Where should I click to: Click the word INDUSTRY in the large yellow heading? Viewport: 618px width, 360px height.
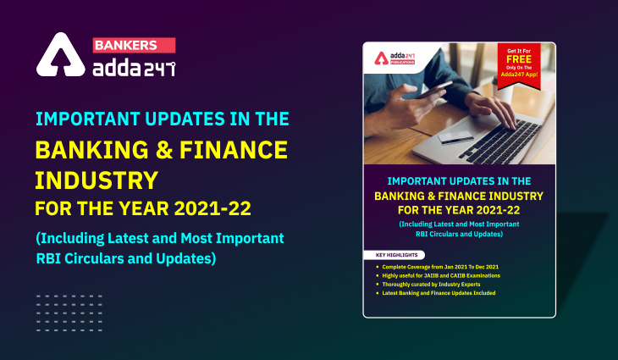97,180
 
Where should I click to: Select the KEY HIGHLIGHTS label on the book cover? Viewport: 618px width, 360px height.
394,255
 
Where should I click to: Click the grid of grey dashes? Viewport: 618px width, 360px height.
69,309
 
